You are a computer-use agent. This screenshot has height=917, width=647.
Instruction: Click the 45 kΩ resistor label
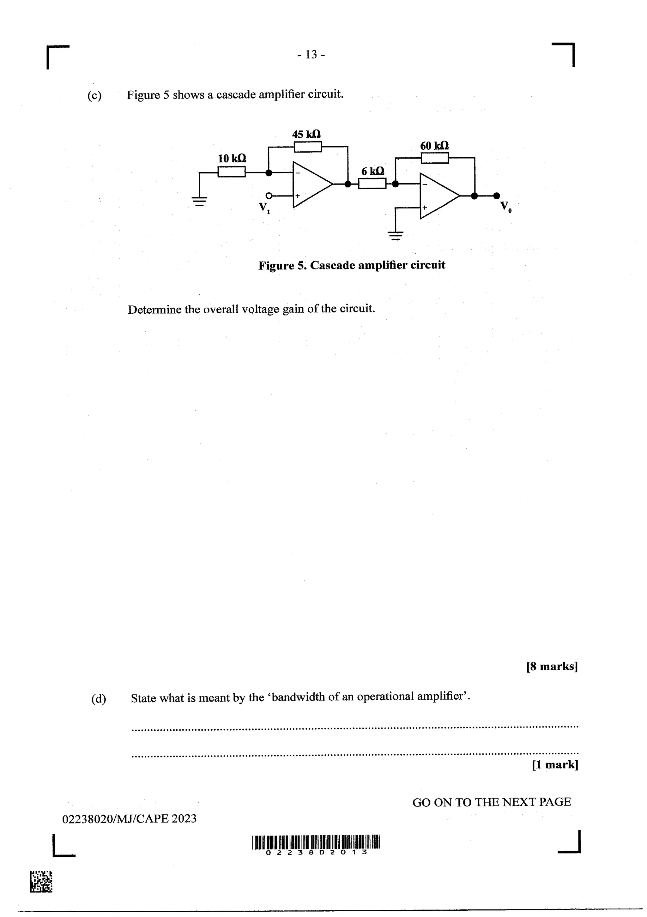[x=306, y=134]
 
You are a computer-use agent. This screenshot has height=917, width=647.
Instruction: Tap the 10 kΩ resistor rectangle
[x=232, y=172]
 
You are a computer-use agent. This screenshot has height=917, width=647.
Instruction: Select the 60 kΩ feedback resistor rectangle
[x=434, y=158]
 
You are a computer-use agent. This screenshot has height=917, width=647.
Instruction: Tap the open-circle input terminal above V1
[x=269, y=196]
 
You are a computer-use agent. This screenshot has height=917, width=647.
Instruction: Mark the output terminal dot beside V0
[x=496, y=196]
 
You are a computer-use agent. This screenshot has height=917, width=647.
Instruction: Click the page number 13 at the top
[x=311, y=54]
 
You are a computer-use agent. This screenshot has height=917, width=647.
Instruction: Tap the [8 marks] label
[x=552, y=666]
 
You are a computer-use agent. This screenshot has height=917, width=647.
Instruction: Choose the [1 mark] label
[x=555, y=764]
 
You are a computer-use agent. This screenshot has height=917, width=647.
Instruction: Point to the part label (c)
[x=94, y=95]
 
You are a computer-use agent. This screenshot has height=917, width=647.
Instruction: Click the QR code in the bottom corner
[x=41, y=882]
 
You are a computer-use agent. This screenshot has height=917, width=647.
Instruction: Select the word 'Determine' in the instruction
[x=154, y=310]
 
